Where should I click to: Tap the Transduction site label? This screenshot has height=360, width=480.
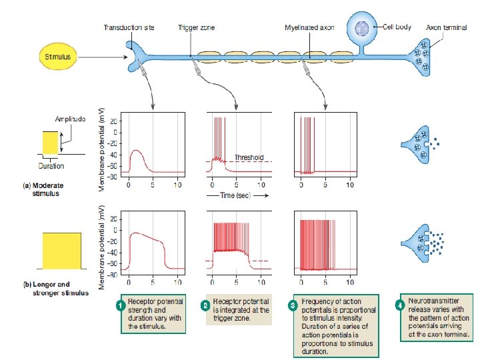[x=129, y=28]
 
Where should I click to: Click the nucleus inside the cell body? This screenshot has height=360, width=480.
[x=363, y=29]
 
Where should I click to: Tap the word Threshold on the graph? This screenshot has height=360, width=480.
[x=248, y=157]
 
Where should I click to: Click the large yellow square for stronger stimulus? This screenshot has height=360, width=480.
[x=61, y=251]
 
